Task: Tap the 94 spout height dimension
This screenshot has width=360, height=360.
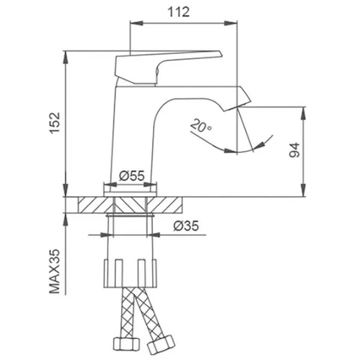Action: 294,151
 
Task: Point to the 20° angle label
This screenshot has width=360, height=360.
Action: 201,127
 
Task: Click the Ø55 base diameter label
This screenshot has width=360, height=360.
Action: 131,176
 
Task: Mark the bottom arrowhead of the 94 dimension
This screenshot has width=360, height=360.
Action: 305,193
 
